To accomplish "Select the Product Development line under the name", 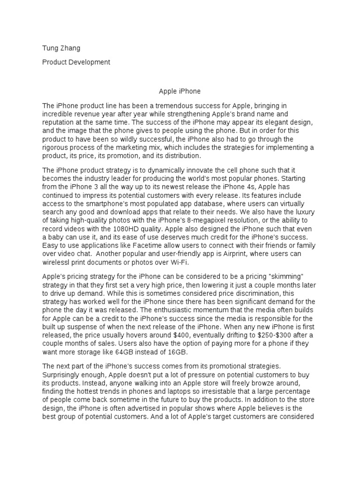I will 76,62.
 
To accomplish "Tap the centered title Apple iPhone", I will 180,91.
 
